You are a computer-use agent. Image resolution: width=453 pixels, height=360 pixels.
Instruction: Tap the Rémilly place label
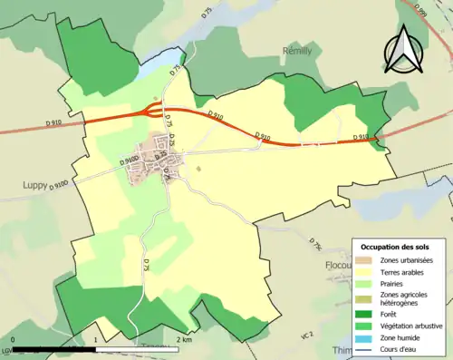tap(297, 52)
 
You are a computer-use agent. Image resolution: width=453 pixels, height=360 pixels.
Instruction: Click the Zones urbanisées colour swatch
tap(364, 260)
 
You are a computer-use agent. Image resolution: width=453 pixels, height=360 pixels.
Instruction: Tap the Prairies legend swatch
tap(364, 282)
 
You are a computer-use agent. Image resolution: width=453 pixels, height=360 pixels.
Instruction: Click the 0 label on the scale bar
tap(14, 340)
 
